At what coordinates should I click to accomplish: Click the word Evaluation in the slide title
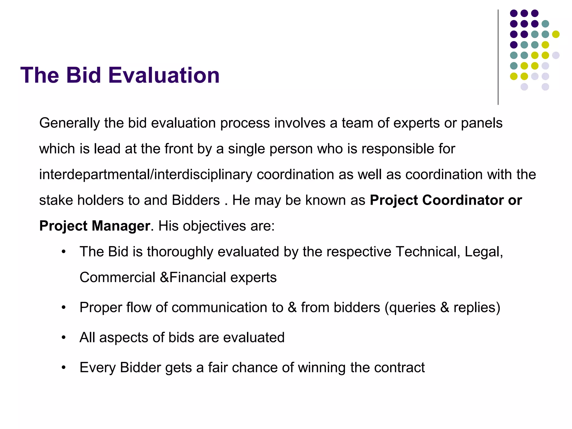point(164,75)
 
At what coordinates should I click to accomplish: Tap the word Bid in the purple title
point(84,75)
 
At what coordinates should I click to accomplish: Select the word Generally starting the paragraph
point(69,123)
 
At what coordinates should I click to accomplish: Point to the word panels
point(482,123)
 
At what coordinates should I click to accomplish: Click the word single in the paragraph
point(246,149)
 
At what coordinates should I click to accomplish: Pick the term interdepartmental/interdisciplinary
point(146,175)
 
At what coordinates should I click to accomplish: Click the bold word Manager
point(121,226)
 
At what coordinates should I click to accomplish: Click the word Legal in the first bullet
point(483,252)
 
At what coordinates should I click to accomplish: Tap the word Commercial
point(117,278)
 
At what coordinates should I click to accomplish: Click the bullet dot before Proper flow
point(64,308)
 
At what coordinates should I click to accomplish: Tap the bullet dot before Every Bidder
point(64,368)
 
